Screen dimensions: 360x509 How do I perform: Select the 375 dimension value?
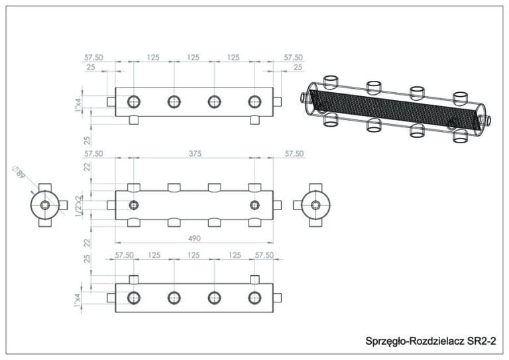[x=194, y=153]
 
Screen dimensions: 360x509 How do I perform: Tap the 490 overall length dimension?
[x=194, y=238]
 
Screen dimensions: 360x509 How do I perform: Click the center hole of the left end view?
[x=44, y=205]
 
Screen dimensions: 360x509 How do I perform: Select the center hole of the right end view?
[x=315, y=205]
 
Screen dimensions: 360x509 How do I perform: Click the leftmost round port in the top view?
[x=134, y=101]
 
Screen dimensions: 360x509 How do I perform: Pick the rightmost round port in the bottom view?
[x=254, y=298]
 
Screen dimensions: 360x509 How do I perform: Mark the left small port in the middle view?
[x=134, y=205]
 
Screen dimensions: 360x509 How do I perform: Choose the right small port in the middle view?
[x=254, y=205]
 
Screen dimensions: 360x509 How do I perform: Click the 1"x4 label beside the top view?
[x=79, y=105]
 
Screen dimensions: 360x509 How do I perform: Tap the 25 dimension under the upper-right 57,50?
[x=298, y=68]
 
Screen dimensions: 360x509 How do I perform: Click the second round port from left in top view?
[x=174, y=101]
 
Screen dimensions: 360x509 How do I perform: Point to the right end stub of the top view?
[x=278, y=101]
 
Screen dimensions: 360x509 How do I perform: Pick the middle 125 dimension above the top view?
[x=194, y=58]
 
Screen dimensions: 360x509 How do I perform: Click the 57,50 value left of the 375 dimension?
[x=93, y=153]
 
